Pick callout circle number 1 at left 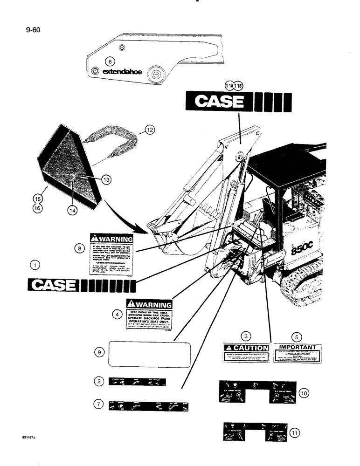(34, 266)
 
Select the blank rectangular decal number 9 (150, 354)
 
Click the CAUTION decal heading (246, 348)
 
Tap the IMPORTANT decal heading (297, 347)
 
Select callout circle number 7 (99, 404)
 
